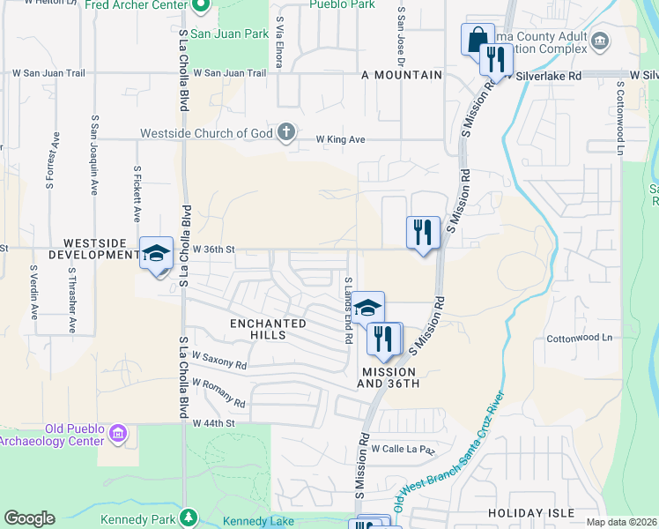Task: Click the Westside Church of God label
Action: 207,134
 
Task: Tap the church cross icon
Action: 285,133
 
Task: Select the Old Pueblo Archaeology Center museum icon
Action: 118,434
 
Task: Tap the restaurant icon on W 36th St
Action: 423,233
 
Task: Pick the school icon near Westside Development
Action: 156,254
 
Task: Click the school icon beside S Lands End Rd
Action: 368,307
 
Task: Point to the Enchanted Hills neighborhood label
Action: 269,329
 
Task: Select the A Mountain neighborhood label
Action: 401,75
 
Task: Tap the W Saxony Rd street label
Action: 219,360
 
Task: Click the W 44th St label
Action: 215,423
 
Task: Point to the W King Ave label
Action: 340,139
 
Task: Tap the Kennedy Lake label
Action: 258,521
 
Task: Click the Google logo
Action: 29,518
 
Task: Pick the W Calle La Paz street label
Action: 403,449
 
